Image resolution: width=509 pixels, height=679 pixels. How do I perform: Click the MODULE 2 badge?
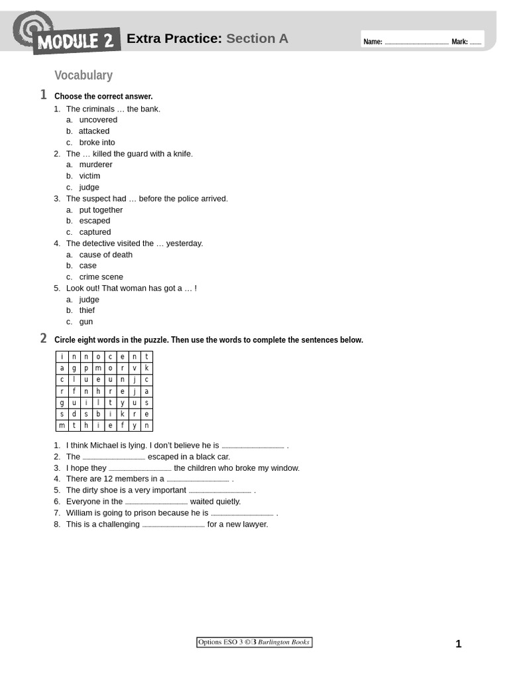(76, 41)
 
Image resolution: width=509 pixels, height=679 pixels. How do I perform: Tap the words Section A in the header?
(257, 38)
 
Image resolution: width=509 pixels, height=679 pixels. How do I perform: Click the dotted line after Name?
(416, 42)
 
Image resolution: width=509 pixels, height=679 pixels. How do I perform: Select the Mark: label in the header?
(459, 42)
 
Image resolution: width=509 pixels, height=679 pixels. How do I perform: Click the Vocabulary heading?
(84, 76)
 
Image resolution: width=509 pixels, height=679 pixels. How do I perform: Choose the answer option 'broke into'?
(97, 143)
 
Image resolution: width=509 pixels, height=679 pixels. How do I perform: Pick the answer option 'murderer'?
(95, 164)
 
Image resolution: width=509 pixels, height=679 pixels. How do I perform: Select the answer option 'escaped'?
(95, 221)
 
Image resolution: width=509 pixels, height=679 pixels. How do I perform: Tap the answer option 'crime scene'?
(101, 277)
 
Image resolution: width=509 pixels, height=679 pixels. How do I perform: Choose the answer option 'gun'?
(86, 322)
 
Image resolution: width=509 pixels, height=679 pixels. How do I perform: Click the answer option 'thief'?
(87, 310)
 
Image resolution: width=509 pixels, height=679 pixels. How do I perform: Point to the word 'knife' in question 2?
(180, 154)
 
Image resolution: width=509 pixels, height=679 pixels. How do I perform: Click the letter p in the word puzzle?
(86, 368)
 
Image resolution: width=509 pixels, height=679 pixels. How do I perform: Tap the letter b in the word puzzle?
(98, 414)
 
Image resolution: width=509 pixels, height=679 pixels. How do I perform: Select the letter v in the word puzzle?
(135, 368)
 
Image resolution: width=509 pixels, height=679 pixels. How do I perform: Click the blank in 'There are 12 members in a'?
(198, 479)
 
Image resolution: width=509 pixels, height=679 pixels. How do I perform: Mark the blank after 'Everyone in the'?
(156, 502)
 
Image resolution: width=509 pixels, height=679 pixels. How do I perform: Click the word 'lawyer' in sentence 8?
(254, 525)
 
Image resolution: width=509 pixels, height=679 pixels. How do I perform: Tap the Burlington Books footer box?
(254, 642)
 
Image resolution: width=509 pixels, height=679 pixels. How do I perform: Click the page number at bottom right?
(458, 644)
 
